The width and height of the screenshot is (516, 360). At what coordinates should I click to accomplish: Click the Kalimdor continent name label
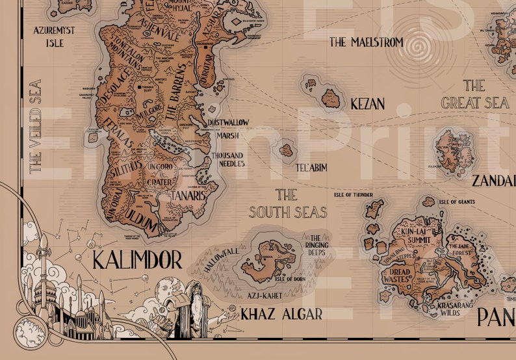point(136,260)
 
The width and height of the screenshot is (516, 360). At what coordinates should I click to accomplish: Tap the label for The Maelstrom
point(366,42)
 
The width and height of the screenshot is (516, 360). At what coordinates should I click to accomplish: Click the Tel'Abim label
point(311,168)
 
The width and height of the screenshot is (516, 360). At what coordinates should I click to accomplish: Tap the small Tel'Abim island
point(286,151)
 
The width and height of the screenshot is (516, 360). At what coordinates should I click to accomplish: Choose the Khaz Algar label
point(281,315)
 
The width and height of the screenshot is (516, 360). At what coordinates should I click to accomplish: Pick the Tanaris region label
point(188,194)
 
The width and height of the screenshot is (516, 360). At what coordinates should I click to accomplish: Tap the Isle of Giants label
point(456,202)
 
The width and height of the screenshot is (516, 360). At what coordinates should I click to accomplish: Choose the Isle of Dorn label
point(272,281)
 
